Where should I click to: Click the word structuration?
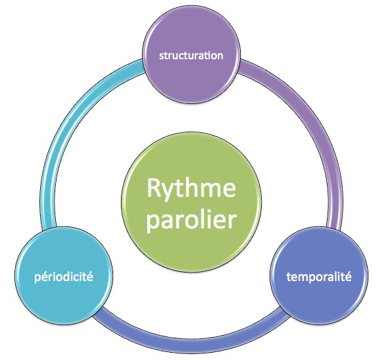tap(191, 55)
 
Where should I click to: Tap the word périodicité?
tap(64, 277)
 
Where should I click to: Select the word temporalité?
tap(319, 276)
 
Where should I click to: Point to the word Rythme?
tap(191, 189)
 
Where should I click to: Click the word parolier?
tap(191, 220)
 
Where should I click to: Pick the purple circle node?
tap(191, 54)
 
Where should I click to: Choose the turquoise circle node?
tap(64, 276)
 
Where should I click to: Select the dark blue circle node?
tap(319, 276)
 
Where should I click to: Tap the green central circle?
tap(191, 202)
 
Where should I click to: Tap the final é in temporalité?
tap(348, 276)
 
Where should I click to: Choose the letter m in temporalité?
tap(303, 278)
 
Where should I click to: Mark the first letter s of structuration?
tap(162, 57)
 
